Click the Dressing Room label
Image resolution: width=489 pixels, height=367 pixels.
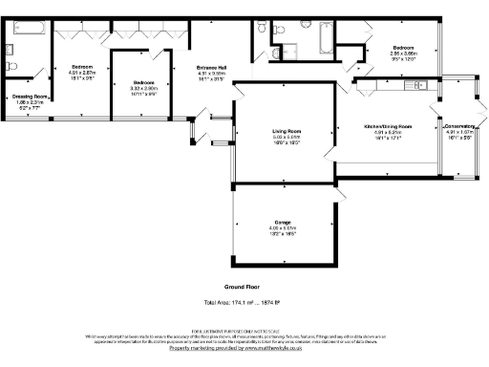(x=28, y=96)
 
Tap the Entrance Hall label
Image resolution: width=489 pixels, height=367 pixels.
(x=211, y=67)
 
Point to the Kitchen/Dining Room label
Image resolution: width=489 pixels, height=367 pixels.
(x=388, y=126)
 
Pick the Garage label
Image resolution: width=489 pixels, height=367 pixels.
(x=285, y=223)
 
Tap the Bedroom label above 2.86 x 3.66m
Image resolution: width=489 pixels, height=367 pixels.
(x=401, y=48)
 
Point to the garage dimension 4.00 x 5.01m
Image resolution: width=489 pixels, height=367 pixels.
(x=285, y=228)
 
